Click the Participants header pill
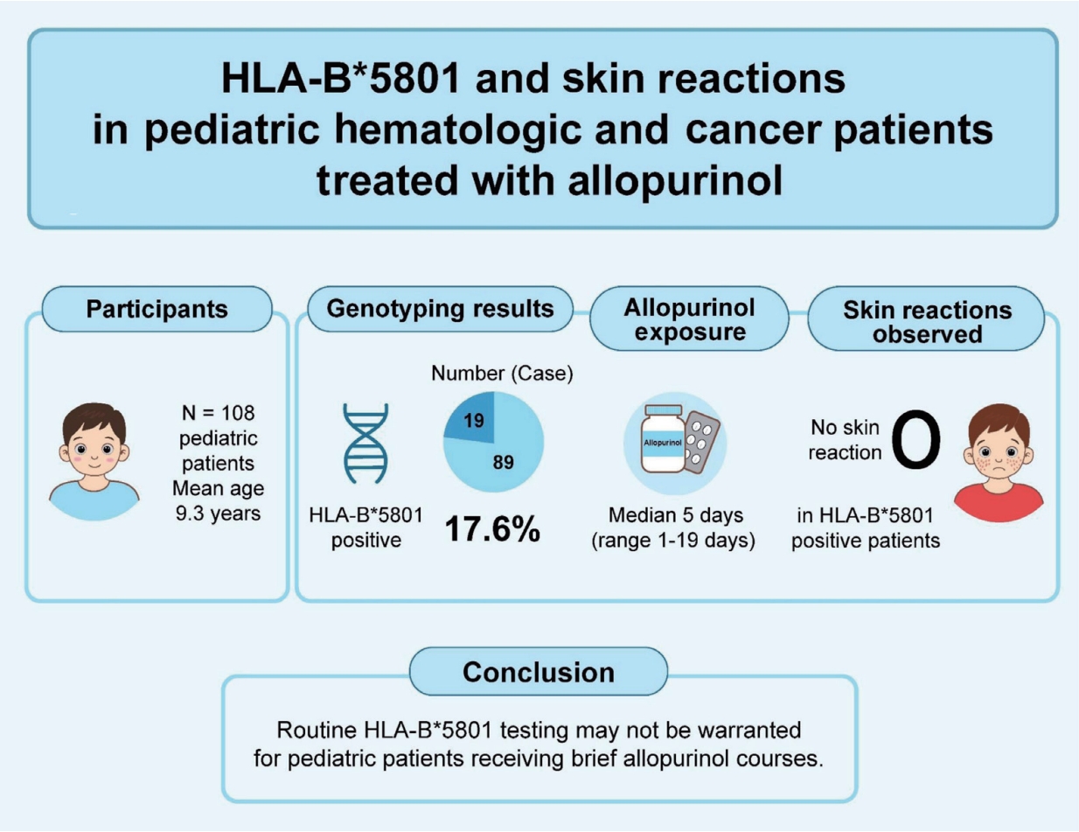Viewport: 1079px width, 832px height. (x=157, y=309)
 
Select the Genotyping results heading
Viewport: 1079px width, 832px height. (x=440, y=309)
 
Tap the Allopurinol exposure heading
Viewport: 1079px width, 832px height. (x=689, y=319)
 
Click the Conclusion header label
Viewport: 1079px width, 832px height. (x=539, y=672)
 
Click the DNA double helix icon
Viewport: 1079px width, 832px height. (x=366, y=443)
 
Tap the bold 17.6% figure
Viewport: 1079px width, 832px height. (x=492, y=528)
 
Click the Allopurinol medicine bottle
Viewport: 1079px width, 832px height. (x=663, y=439)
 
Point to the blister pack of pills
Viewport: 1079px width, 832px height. (x=701, y=443)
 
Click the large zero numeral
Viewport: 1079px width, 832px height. (x=916, y=439)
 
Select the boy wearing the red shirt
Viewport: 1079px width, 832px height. (x=999, y=462)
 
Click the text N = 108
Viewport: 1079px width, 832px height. (x=218, y=413)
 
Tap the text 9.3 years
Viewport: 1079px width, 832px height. (x=218, y=514)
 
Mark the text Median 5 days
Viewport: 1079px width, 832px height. (x=676, y=515)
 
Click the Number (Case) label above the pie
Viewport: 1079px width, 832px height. (x=502, y=374)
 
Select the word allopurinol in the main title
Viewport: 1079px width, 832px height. (x=675, y=181)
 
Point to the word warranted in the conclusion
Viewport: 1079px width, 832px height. (x=749, y=731)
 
